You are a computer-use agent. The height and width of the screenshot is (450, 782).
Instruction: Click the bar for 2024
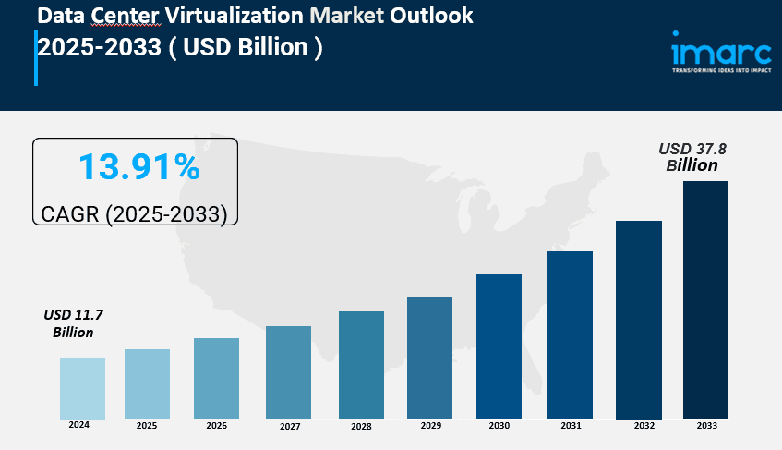tap(82, 387)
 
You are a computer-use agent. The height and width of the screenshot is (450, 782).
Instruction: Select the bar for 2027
tap(288, 371)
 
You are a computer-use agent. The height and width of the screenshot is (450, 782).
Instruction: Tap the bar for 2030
tap(499, 345)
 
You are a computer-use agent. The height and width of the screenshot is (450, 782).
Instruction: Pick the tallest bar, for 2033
tap(705, 298)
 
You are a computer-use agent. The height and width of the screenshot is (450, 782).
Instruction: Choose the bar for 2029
tap(429, 357)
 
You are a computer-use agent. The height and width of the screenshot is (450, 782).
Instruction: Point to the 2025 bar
tap(147, 383)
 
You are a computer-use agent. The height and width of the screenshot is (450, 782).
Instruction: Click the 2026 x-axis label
tap(217, 426)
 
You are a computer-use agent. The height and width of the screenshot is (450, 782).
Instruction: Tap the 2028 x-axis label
tap(361, 426)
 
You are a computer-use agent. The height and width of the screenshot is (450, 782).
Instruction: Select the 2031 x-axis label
tap(570, 426)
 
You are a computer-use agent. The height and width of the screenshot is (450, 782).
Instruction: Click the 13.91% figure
tap(138, 167)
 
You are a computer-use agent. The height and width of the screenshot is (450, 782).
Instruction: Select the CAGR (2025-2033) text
tap(135, 214)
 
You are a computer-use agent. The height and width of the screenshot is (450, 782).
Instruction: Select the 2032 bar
tap(639, 319)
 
